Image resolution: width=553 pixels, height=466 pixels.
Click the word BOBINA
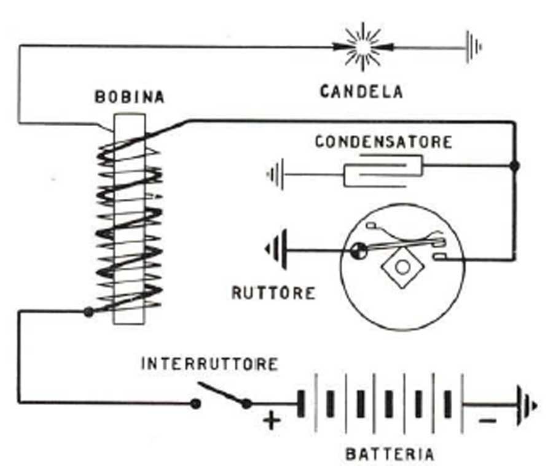click(130, 97)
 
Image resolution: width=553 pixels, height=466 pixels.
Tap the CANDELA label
click(361, 92)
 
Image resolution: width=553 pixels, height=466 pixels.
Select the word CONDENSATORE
click(383, 142)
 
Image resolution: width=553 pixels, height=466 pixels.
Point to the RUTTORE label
click(273, 292)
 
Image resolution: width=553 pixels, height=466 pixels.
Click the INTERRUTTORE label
click(210, 364)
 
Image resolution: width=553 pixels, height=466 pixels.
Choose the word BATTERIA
click(390, 455)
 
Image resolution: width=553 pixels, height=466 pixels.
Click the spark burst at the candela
click(362, 46)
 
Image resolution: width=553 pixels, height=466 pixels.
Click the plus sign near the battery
click(272, 421)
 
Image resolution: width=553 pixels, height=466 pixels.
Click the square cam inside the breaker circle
click(402, 267)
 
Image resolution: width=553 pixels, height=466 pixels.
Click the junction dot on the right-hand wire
click(515, 166)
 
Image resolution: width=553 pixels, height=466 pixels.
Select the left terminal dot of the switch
click(195, 404)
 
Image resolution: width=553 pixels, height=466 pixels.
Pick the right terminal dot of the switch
click(246, 404)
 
